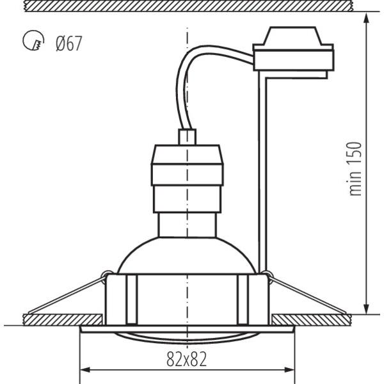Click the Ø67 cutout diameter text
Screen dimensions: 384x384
pyautogui.click(x=69, y=44)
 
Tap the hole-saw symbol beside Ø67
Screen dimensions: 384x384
pyautogui.click(x=33, y=40)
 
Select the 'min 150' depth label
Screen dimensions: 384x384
pyautogui.click(x=355, y=169)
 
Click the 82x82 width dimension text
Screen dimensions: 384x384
pyautogui.click(x=187, y=359)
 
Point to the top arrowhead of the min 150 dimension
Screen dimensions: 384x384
pyautogui.click(x=366, y=18)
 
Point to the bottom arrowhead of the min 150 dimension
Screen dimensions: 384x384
pyautogui.click(x=366, y=308)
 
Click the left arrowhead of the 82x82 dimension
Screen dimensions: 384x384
pyautogui.click(x=86, y=370)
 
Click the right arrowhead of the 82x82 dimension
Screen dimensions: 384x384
pyautogui.click(x=289, y=370)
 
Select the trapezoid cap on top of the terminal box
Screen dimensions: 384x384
pyautogui.click(x=292, y=36)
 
